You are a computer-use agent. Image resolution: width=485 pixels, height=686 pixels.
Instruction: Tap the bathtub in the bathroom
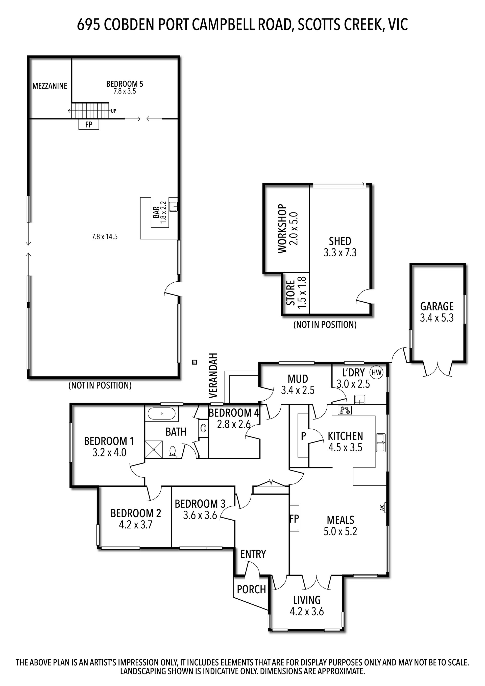click(x=161, y=414)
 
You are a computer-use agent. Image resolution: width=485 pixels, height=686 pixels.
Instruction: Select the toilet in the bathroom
click(x=173, y=452)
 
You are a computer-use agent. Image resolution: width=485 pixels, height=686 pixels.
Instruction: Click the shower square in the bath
click(x=154, y=449)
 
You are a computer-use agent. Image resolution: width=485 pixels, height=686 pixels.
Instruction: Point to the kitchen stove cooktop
click(x=345, y=410)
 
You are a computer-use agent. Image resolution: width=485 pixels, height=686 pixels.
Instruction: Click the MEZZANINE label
click(x=50, y=86)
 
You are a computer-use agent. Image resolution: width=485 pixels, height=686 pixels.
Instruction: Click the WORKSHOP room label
click(x=282, y=229)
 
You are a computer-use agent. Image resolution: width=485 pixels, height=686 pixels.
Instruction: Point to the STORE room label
click(x=291, y=293)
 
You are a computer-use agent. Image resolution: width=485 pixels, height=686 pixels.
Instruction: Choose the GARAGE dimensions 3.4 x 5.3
click(x=437, y=318)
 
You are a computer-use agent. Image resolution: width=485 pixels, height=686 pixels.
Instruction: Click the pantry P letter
click(x=303, y=436)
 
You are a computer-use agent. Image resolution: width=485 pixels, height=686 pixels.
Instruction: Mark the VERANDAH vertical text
click(x=212, y=376)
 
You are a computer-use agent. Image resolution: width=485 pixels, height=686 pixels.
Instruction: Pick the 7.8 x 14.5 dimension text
click(x=105, y=237)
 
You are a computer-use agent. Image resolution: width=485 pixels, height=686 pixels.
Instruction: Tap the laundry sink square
click(x=360, y=399)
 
